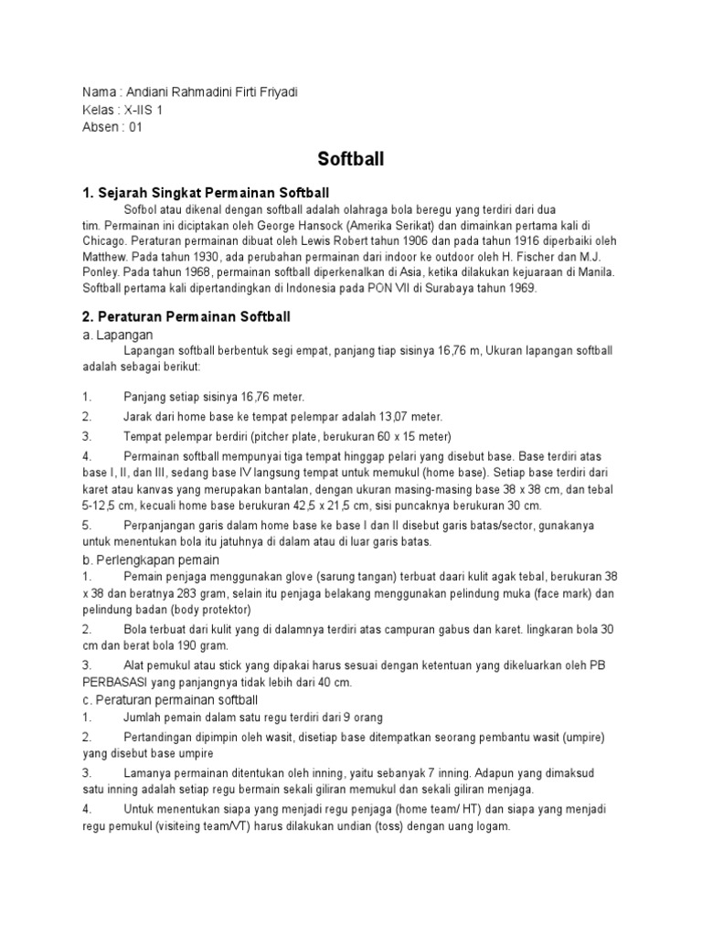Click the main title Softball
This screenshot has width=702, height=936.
(351, 159)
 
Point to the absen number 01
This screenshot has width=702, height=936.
(135, 127)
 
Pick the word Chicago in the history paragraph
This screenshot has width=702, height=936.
(104, 239)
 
